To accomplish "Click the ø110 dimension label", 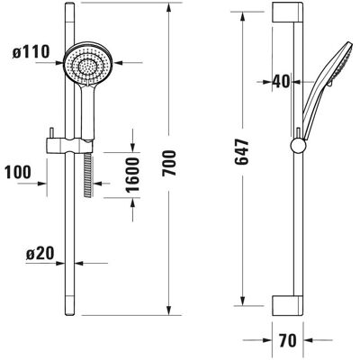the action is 31,52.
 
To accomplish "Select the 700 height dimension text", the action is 168,163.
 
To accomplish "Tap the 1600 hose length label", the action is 132,175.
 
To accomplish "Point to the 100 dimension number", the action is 18,172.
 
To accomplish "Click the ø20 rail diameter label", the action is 40,254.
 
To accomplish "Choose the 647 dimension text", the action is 242,151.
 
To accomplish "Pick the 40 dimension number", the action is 282,81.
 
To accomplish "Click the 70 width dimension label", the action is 287,340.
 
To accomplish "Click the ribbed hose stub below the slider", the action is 87,175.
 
